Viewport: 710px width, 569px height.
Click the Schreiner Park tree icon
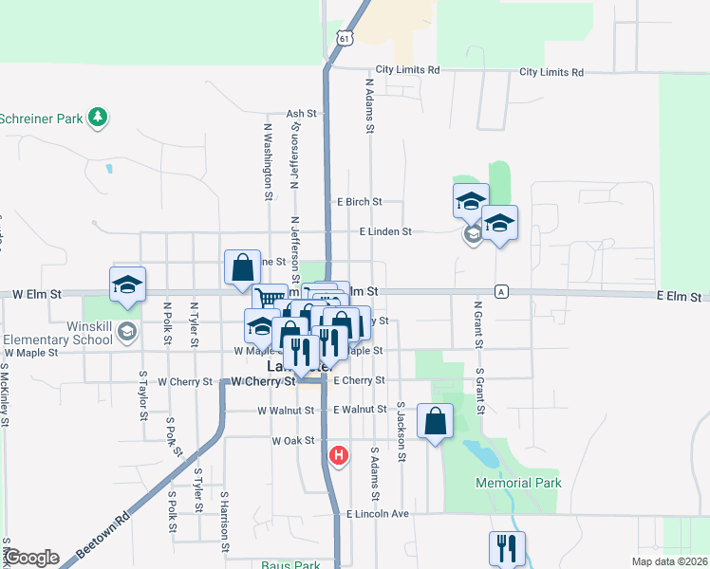97,118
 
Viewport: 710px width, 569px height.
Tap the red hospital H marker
338,457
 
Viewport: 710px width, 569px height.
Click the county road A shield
500,291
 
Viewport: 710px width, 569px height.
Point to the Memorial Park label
518,483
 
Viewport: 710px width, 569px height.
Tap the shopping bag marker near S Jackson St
435,422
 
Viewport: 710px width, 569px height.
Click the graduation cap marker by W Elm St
126,285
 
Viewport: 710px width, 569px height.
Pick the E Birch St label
359,202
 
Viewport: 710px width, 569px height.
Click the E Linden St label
384,231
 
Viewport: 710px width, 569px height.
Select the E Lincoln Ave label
377,514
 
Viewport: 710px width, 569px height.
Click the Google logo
31,558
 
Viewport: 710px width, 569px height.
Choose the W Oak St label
292,441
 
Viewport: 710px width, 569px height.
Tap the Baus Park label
290,564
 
